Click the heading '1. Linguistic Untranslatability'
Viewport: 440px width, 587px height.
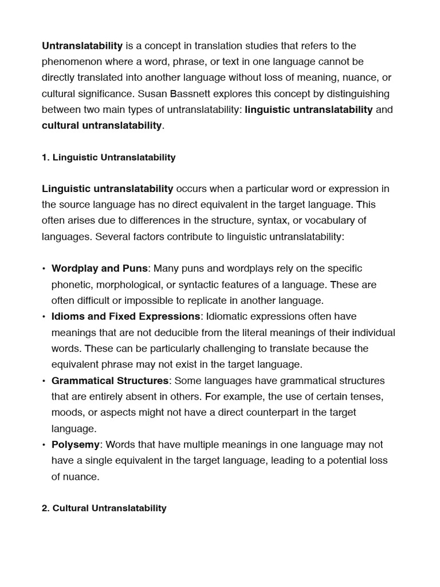click(x=108, y=157)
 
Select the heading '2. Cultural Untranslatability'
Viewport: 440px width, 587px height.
click(x=104, y=508)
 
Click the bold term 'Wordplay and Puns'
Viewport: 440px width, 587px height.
click(x=100, y=268)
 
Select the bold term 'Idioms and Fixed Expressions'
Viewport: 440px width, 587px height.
click(x=126, y=316)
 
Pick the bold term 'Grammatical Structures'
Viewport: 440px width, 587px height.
click(x=110, y=381)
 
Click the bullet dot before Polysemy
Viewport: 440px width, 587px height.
click(x=44, y=445)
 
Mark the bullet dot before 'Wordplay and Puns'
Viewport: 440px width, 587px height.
click(x=44, y=269)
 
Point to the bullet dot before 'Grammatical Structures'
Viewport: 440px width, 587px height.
click(x=44, y=381)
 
